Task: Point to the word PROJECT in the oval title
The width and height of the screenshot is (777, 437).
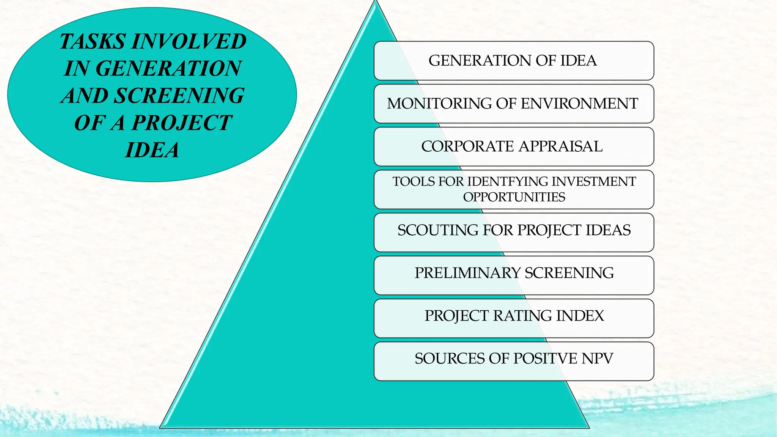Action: click(x=181, y=123)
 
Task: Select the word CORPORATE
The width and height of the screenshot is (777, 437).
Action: click(x=467, y=146)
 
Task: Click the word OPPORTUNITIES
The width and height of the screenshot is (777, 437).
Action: click(x=514, y=197)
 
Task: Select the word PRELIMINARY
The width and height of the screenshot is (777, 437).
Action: click(x=467, y=273)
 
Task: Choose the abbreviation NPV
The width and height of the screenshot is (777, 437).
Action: click(x=597, y=359)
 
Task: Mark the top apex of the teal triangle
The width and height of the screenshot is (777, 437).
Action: click(x=376, y=2)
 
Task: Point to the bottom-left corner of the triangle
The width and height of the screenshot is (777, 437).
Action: click(x=160, y=427)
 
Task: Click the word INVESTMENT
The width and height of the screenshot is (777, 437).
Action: click(x=593, y=182)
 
